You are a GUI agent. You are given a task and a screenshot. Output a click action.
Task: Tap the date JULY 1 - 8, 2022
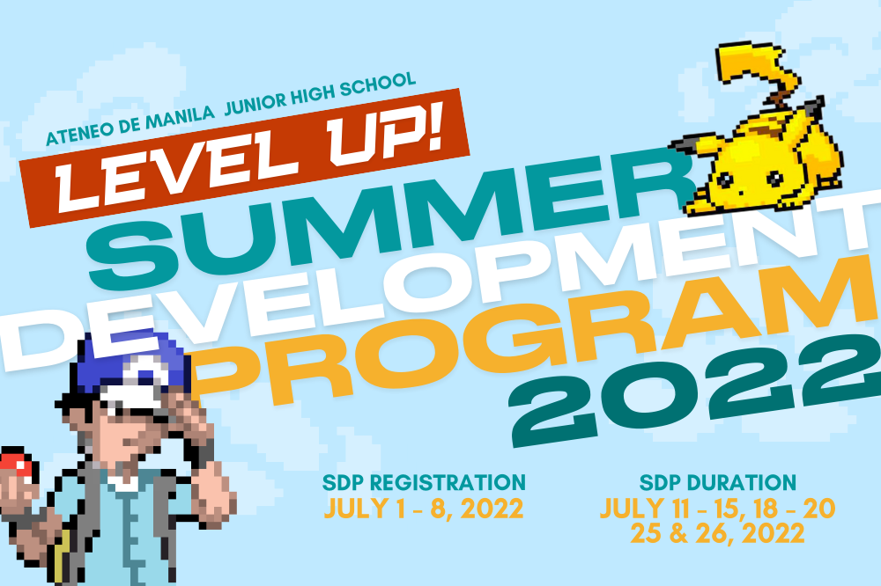click(x=424, y=509)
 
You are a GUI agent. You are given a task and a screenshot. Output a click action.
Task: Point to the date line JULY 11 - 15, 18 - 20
click(x=718, y=509)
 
